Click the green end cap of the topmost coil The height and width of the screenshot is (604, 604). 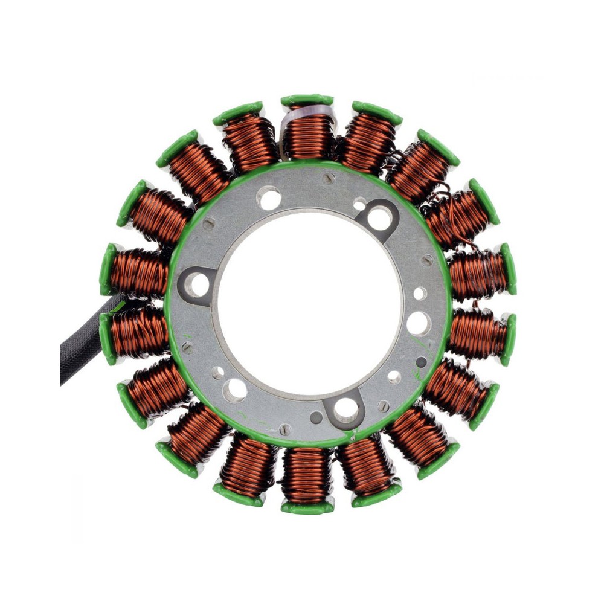point(307,100)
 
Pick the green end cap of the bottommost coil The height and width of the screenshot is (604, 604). point(306,507)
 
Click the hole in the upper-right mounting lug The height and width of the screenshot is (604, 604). point(379,219)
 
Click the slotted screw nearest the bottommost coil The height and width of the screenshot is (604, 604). point(285,429)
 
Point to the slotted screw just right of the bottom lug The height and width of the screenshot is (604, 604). point(383,406)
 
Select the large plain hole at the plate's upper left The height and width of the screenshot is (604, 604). point(269,198)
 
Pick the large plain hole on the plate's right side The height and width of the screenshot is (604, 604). point(419,324)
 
